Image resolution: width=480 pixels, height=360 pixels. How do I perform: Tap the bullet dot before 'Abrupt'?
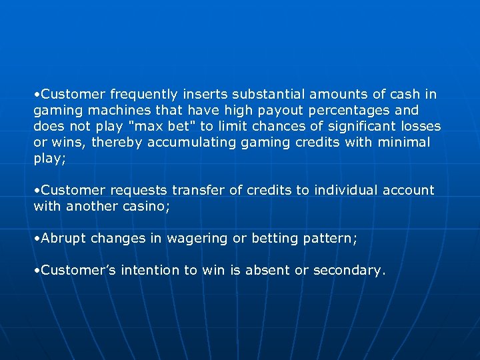37,238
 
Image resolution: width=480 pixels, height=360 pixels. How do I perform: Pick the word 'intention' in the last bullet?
153,270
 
